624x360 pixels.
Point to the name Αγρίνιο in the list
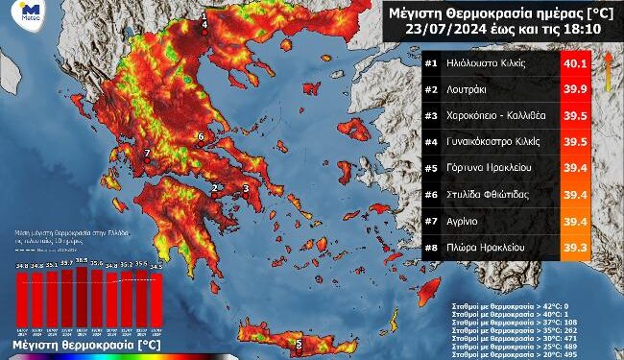(469, 221)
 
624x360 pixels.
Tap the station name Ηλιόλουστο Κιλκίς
(495, 63)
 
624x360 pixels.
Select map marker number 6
(200, 137)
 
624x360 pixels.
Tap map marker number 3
(247, 188)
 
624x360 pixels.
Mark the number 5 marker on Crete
(299, 344)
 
